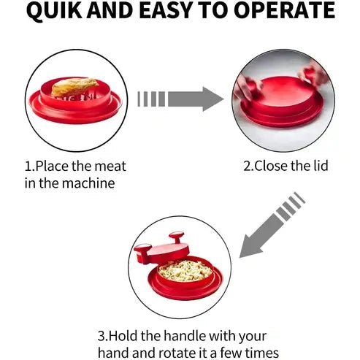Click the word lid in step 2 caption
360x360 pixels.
coord(318,166)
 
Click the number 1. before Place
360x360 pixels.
coord(30,165)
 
